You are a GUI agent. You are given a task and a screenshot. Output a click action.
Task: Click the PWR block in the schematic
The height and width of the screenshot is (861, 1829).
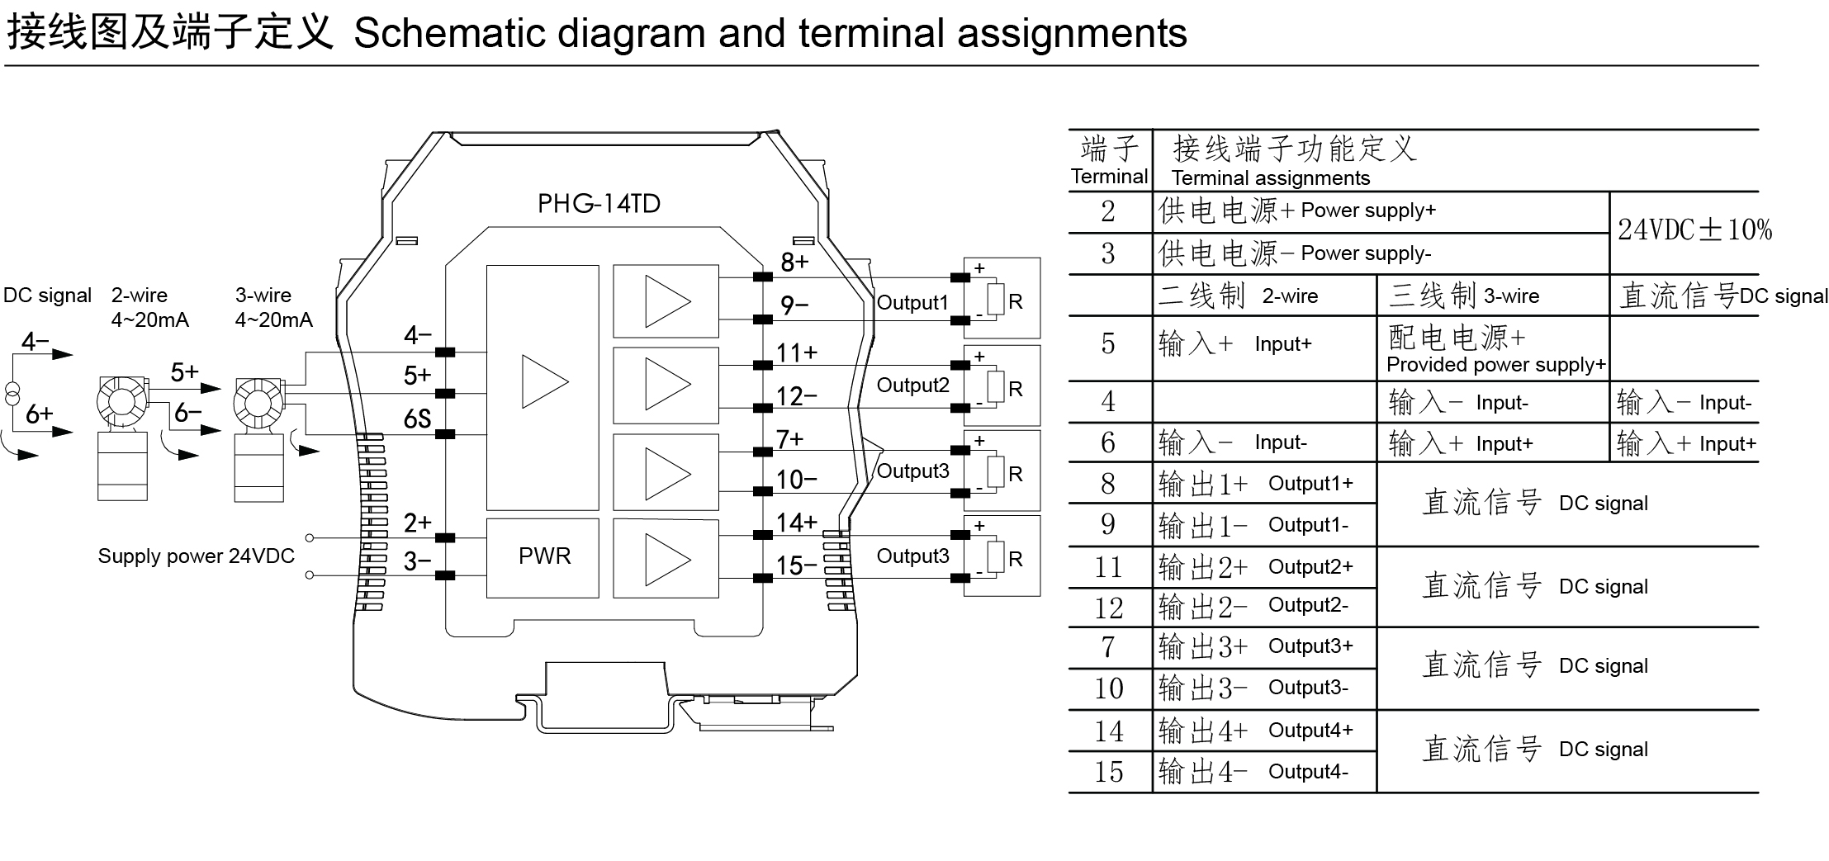pyautogui.click(x=543, y=556)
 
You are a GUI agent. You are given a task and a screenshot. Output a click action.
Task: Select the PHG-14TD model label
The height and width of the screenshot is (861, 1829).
pyautogui.click(x=599, y=204)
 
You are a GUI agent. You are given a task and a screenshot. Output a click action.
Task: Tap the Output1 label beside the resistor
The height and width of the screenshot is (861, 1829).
pyautogui.click(x=912, y=303)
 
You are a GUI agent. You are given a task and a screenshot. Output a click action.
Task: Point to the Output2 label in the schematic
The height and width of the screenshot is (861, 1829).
pyautogui.click(x=912, y=386)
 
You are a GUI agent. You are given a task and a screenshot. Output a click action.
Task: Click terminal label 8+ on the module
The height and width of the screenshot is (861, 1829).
pyautogui.click(x=794, y=263)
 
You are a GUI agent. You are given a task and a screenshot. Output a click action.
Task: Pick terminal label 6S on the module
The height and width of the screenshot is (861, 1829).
pyautogui.click(x=417, y=419)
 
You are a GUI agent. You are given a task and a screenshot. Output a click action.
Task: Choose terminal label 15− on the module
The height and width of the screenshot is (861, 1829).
pyautogui.click(x=796, y=566)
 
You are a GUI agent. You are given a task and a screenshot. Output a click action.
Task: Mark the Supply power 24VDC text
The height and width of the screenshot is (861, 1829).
pyautogui.click(x=196, y=556)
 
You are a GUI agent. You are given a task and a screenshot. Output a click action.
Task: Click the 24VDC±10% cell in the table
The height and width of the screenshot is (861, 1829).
pyautogui.click(x=1694, y=230)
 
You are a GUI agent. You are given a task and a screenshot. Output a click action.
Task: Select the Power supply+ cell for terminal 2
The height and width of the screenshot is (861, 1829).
pyautogui.click(x=1296, y=211)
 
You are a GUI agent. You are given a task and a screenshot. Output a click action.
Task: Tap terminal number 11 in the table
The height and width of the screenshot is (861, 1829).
pyautogui.click(x=1108, y=568)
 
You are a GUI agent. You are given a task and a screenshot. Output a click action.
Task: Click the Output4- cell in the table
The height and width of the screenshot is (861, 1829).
pyautogui.click(x=1263, y=772)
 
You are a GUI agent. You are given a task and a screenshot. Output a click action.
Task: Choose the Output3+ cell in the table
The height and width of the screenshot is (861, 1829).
pyautogui.click(x=1263, y=646)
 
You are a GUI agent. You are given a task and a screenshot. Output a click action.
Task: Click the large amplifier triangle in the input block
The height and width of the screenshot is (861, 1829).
pyautogui.click(x=545, y=381)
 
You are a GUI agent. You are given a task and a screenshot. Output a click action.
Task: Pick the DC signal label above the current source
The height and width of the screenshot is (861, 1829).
pyautogui.click(x=47, y=296)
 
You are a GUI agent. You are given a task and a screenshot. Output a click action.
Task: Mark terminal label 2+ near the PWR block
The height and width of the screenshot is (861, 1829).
pyautogui.click(x=417, y=523)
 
